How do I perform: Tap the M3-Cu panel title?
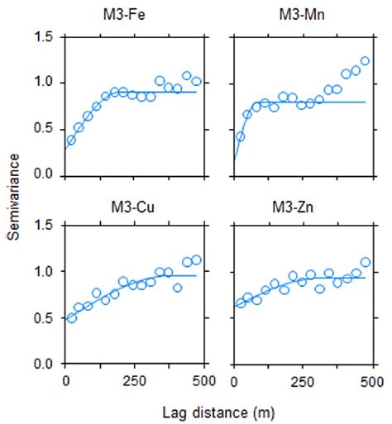pyautogui.click(x=135, y=207)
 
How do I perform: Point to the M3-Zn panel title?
pyautogui.click(x=303, y=207)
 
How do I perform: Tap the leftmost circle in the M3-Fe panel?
pyautogui.click(x=71, y=140)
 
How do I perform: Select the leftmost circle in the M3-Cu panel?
pyautogui.click(x=71, y=317)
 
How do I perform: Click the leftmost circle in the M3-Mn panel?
pyautogui.click(x=240, y=136)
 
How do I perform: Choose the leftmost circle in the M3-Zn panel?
pyautogui.click(x=240, y=303)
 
